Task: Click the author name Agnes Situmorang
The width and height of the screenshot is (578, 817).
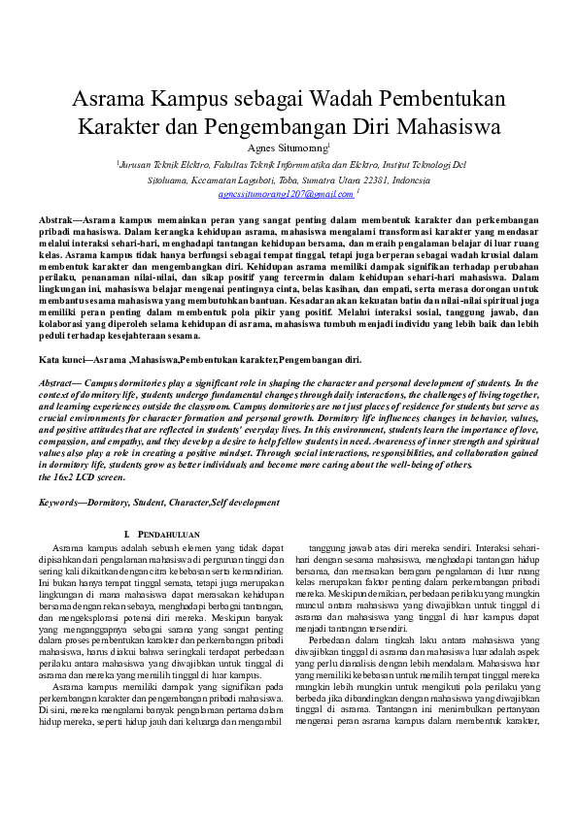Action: (288, 148)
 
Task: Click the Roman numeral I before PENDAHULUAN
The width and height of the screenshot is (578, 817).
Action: (127, 535)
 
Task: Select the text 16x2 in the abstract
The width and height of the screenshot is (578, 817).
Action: (66, 477)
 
